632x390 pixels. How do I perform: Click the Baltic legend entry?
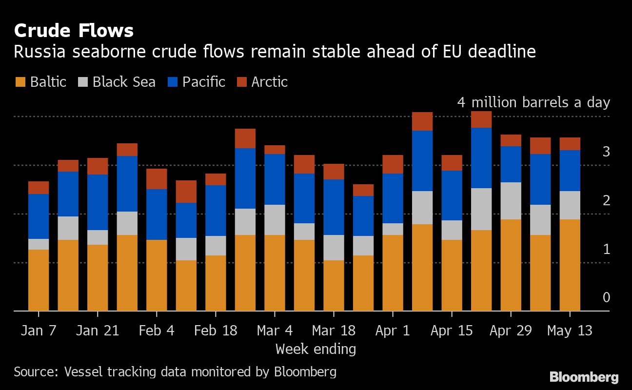coord(41,82)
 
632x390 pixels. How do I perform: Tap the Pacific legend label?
coord(203,82)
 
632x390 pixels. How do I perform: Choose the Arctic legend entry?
coord(269,82)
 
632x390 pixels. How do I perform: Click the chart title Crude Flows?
coord(74,31)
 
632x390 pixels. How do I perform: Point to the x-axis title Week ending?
coord(316,349)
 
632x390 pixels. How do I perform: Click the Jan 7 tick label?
coord(39,331)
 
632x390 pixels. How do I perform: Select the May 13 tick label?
coord(570,331)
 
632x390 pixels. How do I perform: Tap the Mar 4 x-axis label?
coord(275,331)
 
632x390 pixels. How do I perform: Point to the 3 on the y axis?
coord(606,152)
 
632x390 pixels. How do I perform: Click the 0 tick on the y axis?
coord(606,297)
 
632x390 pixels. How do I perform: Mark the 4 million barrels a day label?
coord(533,102)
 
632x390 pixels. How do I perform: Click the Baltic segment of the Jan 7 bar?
coord(39,280)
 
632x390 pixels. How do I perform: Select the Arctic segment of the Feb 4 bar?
coord(157,179)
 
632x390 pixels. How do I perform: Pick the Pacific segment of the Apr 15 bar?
coord(452,195)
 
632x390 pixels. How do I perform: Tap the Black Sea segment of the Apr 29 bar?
coord(511,201)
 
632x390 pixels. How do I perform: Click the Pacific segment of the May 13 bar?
coord(570,171)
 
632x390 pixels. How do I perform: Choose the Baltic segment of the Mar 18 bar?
coord(334,285)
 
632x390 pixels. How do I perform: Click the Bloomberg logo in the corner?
coord(584,377)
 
